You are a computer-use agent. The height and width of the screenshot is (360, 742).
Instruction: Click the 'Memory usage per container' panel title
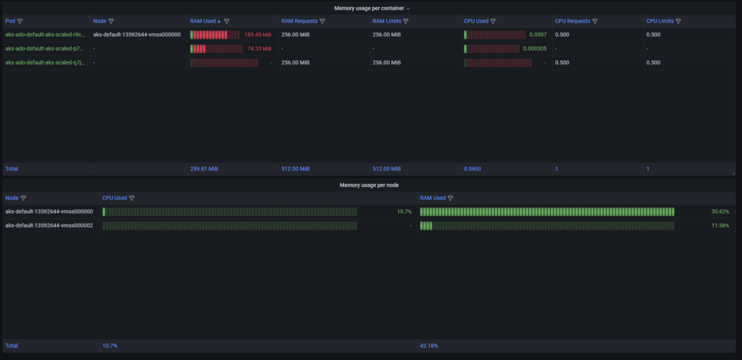(x=370, y=8)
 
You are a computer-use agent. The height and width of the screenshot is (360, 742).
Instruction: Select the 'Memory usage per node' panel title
(x=370, y=185)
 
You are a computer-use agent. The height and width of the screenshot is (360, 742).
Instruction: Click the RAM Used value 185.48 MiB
(x=258, y=34)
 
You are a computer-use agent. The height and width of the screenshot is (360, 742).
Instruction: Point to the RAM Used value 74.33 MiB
(x=259, y=49)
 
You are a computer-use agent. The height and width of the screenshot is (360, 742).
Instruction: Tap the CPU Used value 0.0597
(x=538, y=34)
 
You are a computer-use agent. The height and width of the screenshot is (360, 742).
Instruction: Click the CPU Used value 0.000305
(x=535, y=49)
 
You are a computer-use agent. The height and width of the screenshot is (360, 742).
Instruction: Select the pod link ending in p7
(x=44, y=49)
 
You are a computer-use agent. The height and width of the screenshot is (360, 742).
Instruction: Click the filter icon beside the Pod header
(x=20, y=21)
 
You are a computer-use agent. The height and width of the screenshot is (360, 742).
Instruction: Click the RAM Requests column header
(x=299, y=21)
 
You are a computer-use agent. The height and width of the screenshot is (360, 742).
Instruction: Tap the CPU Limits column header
(x=659, y=21)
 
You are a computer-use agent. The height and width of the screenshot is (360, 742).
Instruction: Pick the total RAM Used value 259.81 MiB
(x=204, y=169)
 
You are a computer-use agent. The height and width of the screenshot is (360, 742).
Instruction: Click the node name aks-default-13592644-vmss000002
(x=49, y=225)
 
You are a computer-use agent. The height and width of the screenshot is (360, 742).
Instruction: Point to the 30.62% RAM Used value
(x=720, y=212)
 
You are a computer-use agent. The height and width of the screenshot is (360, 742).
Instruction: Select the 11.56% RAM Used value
(x=720, y=225)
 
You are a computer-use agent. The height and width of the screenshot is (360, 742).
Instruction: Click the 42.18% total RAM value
(x=429, y=346)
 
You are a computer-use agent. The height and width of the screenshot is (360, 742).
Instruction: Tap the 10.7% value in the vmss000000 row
(x=404, y=212)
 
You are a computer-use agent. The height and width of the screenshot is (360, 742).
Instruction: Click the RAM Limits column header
(x=386, y=21)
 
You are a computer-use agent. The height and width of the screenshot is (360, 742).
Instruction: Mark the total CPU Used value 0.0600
(x=472, y=169)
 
